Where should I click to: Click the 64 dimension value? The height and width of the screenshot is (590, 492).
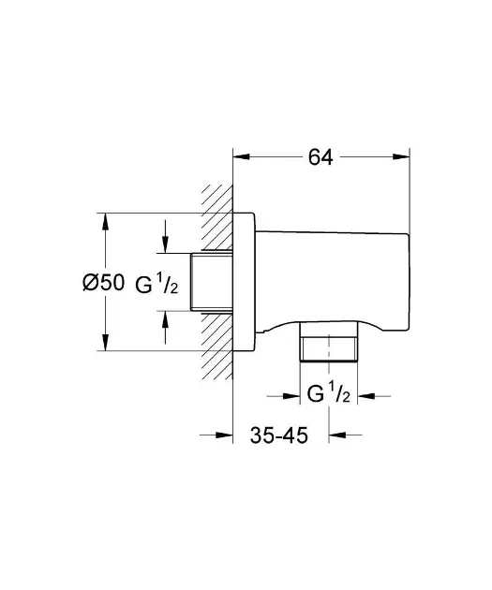tap(321, 157)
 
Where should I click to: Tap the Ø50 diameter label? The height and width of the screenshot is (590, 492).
tap(103, 282)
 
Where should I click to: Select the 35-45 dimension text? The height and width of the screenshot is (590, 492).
tap(279, 435)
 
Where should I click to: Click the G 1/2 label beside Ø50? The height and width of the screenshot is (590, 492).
tap(157, 284)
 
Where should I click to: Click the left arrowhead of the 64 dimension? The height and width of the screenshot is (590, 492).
tap(242, 156)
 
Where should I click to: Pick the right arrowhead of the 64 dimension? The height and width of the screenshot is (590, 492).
tap(400, 156)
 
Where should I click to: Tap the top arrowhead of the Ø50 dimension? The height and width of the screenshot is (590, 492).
tap(105, 222)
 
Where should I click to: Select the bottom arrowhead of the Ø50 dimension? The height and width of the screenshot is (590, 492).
tap(105, 342)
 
